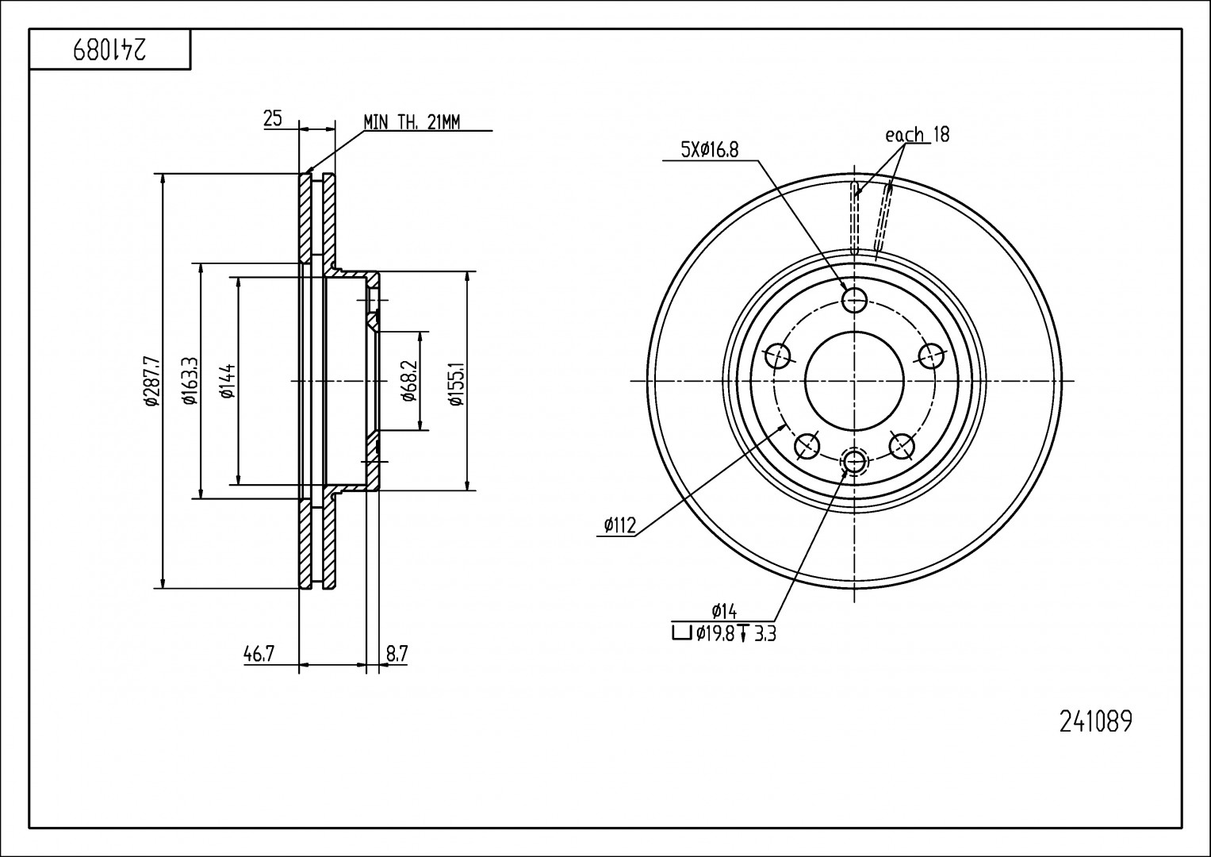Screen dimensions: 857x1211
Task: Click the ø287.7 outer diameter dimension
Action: tap(151, 382)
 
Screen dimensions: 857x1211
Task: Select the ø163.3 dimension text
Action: tap(190, 381)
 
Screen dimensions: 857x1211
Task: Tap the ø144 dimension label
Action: tap(228, 381)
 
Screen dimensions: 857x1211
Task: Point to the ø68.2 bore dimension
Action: tap(409, 381)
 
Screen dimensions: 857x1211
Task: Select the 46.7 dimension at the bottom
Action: tap(259, 654)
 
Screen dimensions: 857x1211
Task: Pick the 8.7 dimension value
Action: tap(397, 654)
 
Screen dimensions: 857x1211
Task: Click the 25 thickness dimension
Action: tap(273, 119)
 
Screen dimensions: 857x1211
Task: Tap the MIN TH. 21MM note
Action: tap(412, 121)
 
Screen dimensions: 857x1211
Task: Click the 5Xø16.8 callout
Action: tap(709, 150)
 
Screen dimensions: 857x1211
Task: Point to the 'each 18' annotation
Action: tap(917, 134)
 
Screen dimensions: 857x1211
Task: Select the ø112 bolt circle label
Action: tap(619, 525)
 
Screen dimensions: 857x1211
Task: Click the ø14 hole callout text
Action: tap(725, 611)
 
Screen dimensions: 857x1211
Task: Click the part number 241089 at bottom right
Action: tap(1095, 721)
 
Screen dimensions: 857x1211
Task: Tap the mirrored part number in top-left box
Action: tap(109, 50)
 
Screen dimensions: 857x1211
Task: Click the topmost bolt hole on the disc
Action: tap(854, 299)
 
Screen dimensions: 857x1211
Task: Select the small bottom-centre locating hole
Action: tap(854, 461)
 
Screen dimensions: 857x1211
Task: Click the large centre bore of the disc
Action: tap(854, 381)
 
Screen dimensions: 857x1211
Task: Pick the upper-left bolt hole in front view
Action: tap(779, 355)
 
